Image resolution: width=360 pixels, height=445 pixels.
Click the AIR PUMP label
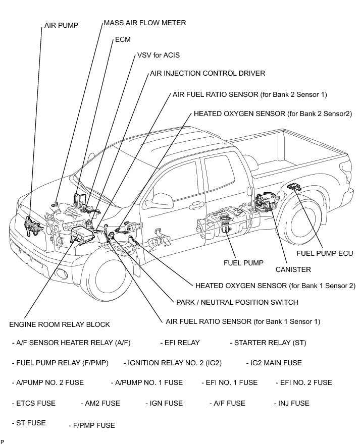coord(61,25)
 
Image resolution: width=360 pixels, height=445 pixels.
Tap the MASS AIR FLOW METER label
coord(144,23)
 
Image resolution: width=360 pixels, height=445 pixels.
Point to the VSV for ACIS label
coord(158,54)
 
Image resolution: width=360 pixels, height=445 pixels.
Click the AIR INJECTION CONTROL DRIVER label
coord(208,73)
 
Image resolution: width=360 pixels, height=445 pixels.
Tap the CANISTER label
coord(293,269)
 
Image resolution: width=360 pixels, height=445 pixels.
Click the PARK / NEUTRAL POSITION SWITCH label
coord(237,302)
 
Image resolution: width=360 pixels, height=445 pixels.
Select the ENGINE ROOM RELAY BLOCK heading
coord(59,324)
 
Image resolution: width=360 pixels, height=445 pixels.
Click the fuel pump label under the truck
coord(240,263)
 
